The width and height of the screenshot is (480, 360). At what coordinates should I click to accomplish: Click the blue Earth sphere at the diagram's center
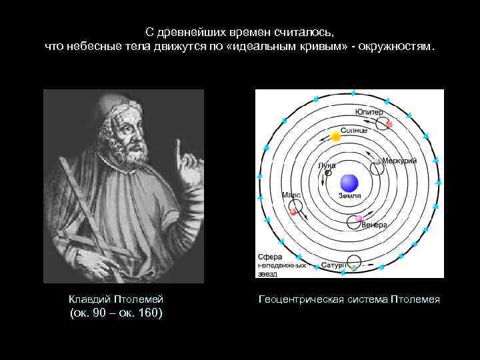pos(349,183)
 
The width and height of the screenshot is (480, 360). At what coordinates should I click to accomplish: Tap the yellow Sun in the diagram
pos(335,137)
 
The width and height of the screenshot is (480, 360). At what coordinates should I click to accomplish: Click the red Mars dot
pos(293,211)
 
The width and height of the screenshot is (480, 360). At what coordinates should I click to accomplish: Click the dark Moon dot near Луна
pos(328,173)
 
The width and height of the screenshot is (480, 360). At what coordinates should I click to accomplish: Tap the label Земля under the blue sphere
pos(349,197)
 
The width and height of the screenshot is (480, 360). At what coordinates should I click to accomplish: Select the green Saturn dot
pos(354,267)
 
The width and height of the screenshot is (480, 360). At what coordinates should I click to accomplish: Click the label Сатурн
pos(333,265)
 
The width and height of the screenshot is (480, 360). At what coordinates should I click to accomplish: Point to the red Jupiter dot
pos(389,125)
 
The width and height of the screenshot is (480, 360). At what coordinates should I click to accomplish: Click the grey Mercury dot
pos(378,161)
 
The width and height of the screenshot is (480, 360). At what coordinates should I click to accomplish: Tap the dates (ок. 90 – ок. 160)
pos(116,313)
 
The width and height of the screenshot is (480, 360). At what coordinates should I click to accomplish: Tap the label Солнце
pos(353,130)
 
